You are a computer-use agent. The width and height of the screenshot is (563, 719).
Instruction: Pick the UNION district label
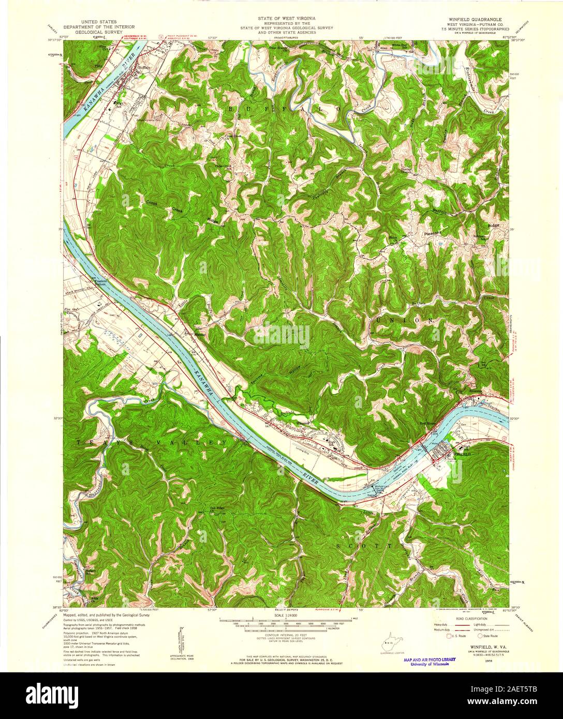tap(404, 321)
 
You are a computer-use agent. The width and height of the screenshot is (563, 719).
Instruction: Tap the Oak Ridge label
tap(217, 508)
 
